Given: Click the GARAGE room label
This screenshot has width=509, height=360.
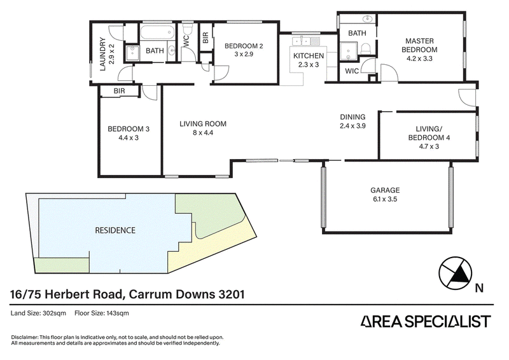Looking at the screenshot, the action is [x=385, y=190].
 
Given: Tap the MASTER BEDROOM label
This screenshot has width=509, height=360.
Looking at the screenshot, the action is [x=419, y=45].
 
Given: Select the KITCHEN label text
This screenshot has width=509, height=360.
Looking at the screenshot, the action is [x=309, y=56].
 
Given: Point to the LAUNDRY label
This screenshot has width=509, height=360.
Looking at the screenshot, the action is [x=102, y=54].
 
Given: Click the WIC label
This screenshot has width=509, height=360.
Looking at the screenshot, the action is [x=352, y=71].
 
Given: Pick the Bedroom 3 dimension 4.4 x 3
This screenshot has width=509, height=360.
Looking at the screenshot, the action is [x=129, y=137].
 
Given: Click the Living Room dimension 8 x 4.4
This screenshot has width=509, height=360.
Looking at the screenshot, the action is [x=202, y=132].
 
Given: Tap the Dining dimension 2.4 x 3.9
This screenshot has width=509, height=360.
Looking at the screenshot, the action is [x=352, y=126].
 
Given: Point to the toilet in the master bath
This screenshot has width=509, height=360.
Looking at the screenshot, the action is [x=366, y=50].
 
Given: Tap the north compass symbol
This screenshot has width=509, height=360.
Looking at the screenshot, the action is [x=455, y=273].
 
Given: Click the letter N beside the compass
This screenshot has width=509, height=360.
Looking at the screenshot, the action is [x=479, y=288].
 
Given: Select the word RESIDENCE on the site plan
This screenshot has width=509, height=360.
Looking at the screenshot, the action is [x=115, y=230].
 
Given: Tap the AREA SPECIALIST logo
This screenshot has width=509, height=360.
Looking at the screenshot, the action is [x=426, y=321].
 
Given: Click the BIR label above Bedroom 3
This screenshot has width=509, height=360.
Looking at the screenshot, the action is [x=119, y=91].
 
